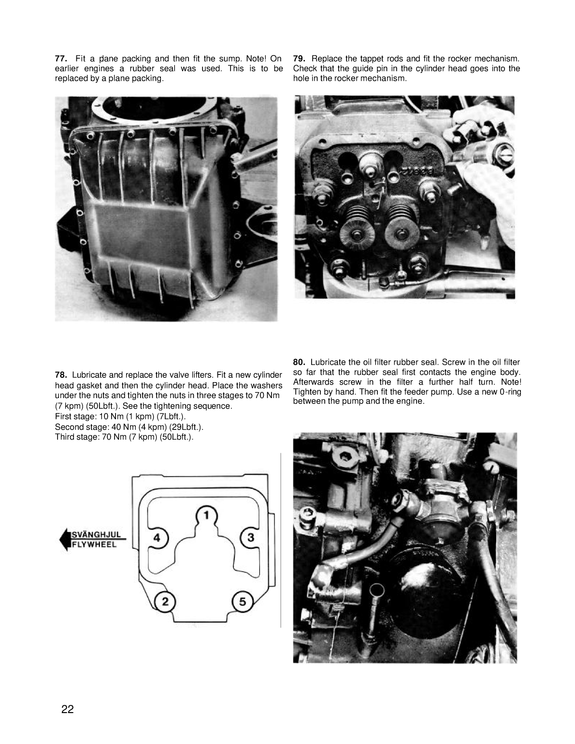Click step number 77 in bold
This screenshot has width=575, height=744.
61,58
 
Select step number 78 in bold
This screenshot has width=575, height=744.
61,375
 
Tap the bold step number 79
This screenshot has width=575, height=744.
299,58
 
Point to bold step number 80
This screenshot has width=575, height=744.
299,362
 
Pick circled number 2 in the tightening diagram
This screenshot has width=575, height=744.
165,601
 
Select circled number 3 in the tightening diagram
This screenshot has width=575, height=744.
250,537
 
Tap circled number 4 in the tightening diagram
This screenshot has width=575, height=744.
157,537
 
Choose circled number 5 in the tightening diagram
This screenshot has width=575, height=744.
242,601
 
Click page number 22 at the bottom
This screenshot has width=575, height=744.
68,709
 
